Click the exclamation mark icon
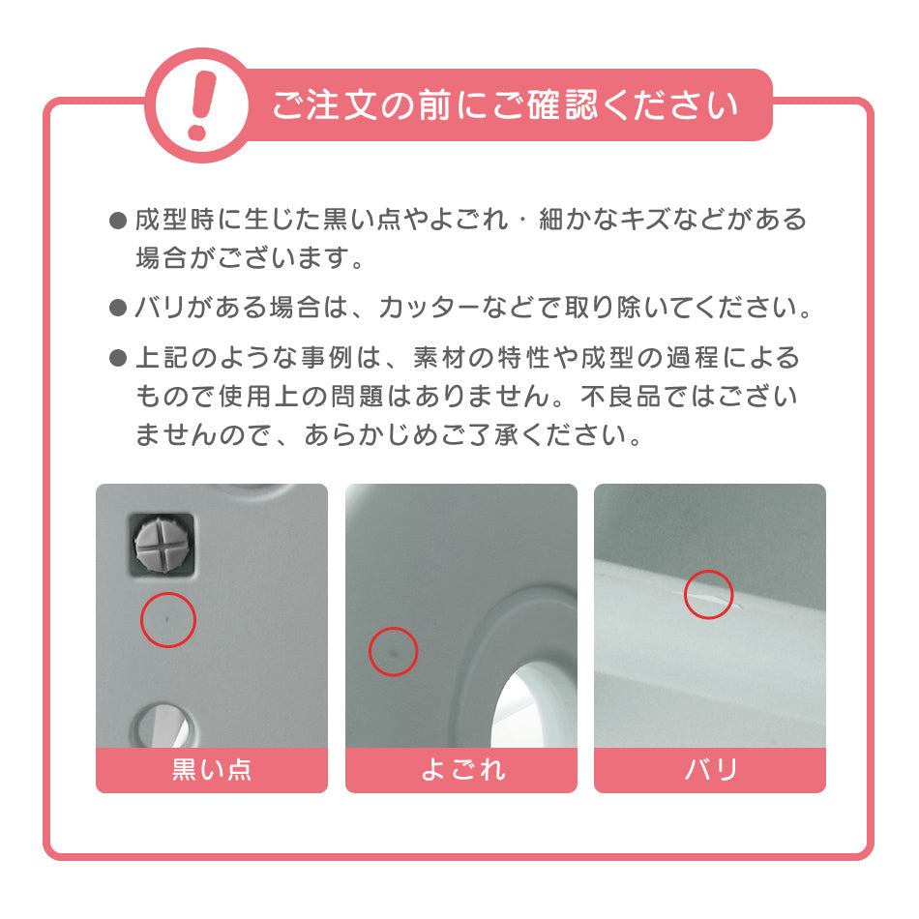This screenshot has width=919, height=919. pos(200,104)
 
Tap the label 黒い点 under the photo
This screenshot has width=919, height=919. pos(212,770)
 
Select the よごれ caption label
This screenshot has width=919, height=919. pos(461,770)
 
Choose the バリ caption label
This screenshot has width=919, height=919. pos(710,770)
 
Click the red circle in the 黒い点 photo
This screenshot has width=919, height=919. pos(168,619)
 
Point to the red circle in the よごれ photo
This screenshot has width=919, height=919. pos(393,651)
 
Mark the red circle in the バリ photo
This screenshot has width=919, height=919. pos(709,594)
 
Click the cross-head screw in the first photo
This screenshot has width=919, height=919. pos(163,540)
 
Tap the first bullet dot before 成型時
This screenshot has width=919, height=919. pos(118,221)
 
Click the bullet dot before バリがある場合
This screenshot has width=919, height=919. pos(118,309)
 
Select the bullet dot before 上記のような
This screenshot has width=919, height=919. pos(118,359)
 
